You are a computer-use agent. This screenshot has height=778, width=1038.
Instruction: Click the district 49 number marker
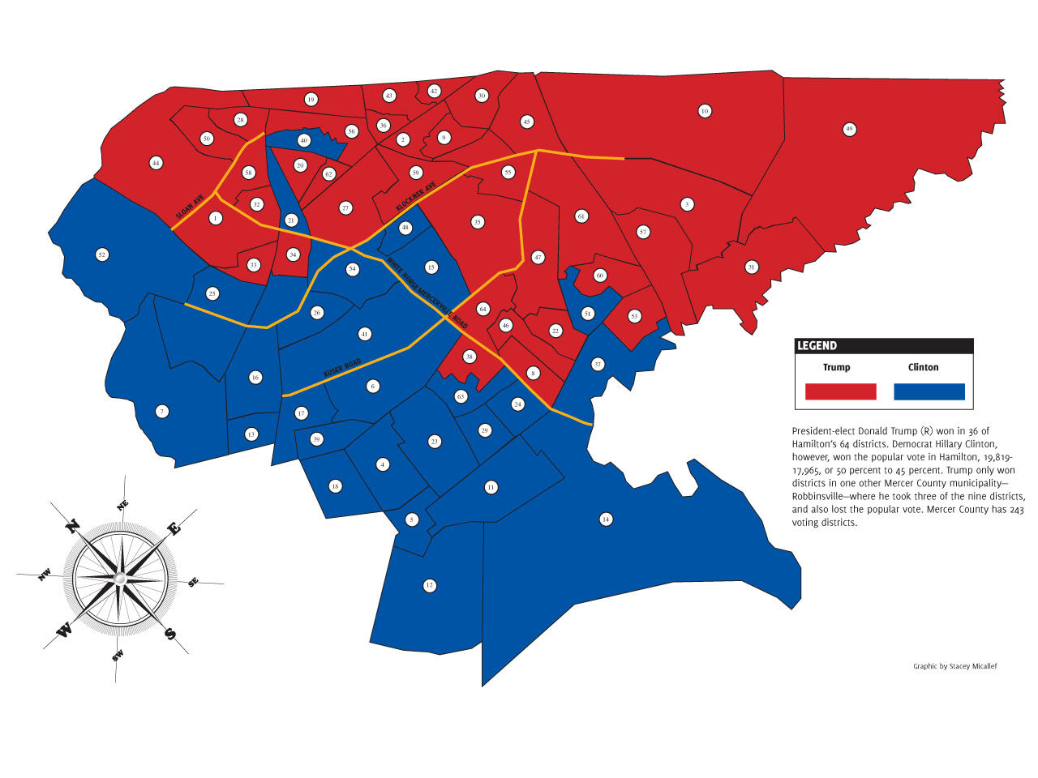[x=849, y=129]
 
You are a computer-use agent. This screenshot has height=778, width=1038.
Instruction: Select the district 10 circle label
[x=705, y=111]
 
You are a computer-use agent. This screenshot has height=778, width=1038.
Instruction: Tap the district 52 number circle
[x=101, y=254]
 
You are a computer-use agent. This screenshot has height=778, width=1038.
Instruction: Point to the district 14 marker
[x=605, y=519]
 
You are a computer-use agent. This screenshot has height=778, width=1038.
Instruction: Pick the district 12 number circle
[x=430, y=585]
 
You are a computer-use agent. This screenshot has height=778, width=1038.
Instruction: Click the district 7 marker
[x=162, y=412]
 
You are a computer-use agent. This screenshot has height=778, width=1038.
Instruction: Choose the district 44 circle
[x=156, y=164]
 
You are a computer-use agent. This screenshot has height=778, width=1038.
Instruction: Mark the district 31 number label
[x=752, y=267]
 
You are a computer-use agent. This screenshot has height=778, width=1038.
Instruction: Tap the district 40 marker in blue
[x=304, y=140]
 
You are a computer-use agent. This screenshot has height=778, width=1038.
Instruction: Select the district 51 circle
[x=588, y=314]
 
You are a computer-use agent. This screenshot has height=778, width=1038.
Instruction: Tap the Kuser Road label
[x=341, y=366]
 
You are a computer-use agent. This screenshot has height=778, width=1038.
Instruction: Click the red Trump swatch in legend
[x=840, y=392]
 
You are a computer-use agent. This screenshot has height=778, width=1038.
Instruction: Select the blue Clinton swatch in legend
[x=929, y=392]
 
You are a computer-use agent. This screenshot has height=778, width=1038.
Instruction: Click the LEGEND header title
[x=817, y=346]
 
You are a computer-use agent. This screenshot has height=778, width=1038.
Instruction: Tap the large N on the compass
[x=71, y=526]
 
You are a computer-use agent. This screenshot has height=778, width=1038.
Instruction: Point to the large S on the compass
[x=170, y=634]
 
